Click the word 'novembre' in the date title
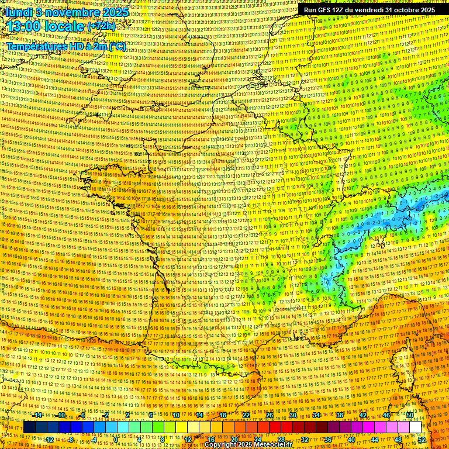72,12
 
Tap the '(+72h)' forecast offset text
102,26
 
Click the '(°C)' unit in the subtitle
117,46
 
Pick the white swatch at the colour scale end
415,427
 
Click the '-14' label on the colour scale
38,415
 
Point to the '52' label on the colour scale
422,440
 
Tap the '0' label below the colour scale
116,440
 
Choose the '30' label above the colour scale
293,415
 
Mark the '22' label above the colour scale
246,415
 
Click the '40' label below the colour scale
351,440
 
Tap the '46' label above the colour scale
386,415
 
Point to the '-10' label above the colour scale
61,415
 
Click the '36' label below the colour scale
328,440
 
